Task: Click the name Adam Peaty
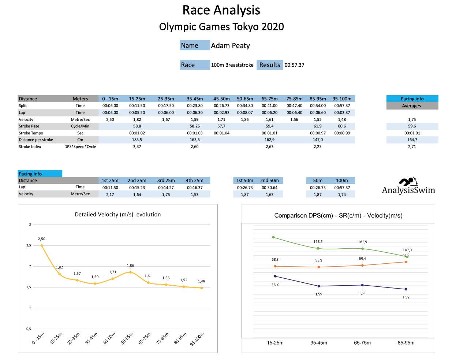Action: [x=230, y=46]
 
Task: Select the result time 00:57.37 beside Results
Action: [x=294, y=65]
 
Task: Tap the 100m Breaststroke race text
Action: [x=232, y=65]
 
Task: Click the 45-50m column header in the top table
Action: [x=221, y=99]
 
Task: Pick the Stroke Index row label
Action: [x=30, y=147]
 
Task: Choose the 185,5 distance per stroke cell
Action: [x=137, y=140]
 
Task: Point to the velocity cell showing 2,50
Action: [x=110, y=120]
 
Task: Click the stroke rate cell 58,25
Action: [x=195, y=126]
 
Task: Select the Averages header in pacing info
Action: [x=412, y=106]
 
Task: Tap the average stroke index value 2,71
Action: [x=412, y=147]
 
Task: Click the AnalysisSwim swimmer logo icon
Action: [x=407, y=182]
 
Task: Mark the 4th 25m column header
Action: [x=194, y=181]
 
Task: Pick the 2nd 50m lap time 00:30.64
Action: [x=269, y=188]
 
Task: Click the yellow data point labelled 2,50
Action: [x=42, y=246]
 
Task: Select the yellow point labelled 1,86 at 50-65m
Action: [x=130, y=272]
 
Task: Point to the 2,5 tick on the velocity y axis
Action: [x=29, y=246]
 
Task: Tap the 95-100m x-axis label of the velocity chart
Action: [x=197, y=339]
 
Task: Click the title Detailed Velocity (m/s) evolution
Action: [x=118, y=215]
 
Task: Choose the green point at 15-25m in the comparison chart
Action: [x=273, y=237]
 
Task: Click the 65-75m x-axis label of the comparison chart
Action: [x=362, y=343]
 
